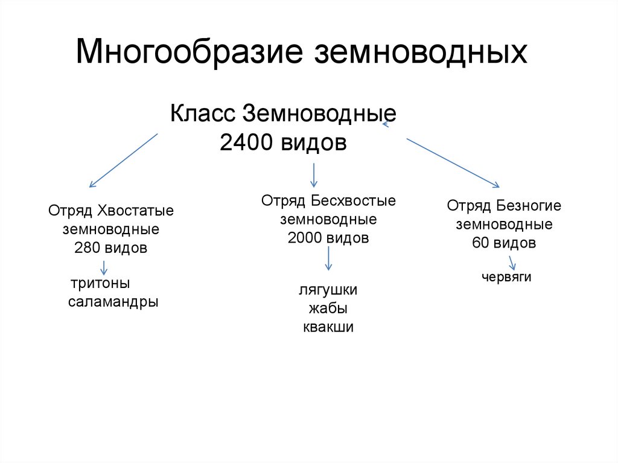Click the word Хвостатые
[134, 211]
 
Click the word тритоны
[101, 283]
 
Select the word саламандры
[113, 302]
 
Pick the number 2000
[306, 238]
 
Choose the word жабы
[328, 308]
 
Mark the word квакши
[328, 327]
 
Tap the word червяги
[506, 278]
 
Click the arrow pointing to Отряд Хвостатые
[123, 161]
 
